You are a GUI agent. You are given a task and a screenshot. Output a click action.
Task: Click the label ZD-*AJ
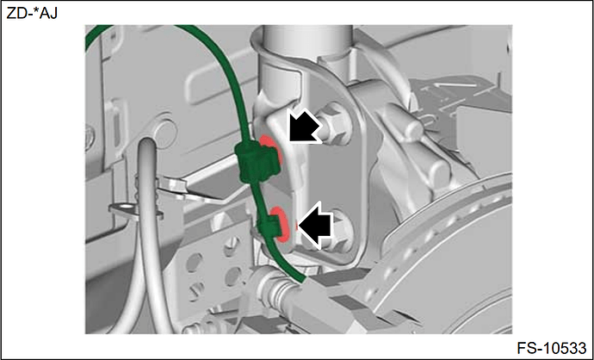pyautogui.click(x=32, y=14)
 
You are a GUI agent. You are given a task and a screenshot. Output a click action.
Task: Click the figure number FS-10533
pyautogui.click(x=552, y=347)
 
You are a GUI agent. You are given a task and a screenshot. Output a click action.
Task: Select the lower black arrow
pyautogui.click(x=315, y=225)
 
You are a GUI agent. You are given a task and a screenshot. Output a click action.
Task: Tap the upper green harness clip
pyautogui.click(x=257, y=161)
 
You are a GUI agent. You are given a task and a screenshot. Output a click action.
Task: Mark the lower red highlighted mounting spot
pyautogui.click(x=282, y=224)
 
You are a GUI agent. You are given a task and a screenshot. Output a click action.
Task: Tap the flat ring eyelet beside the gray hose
pyautogui.click(x=125, y=208)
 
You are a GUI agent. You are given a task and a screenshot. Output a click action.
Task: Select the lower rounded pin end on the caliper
pyautogui.click(x=439, y=175)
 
